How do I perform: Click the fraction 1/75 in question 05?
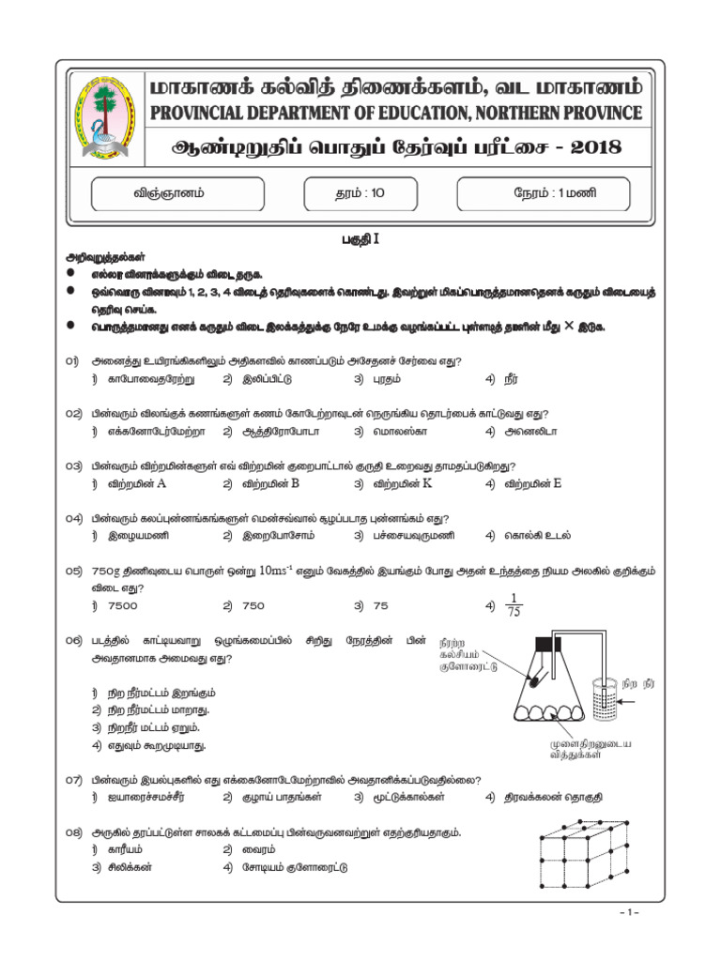(x=512, y=606)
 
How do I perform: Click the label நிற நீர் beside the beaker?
(x=645, y=672)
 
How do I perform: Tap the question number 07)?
(x=76, y=780)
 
